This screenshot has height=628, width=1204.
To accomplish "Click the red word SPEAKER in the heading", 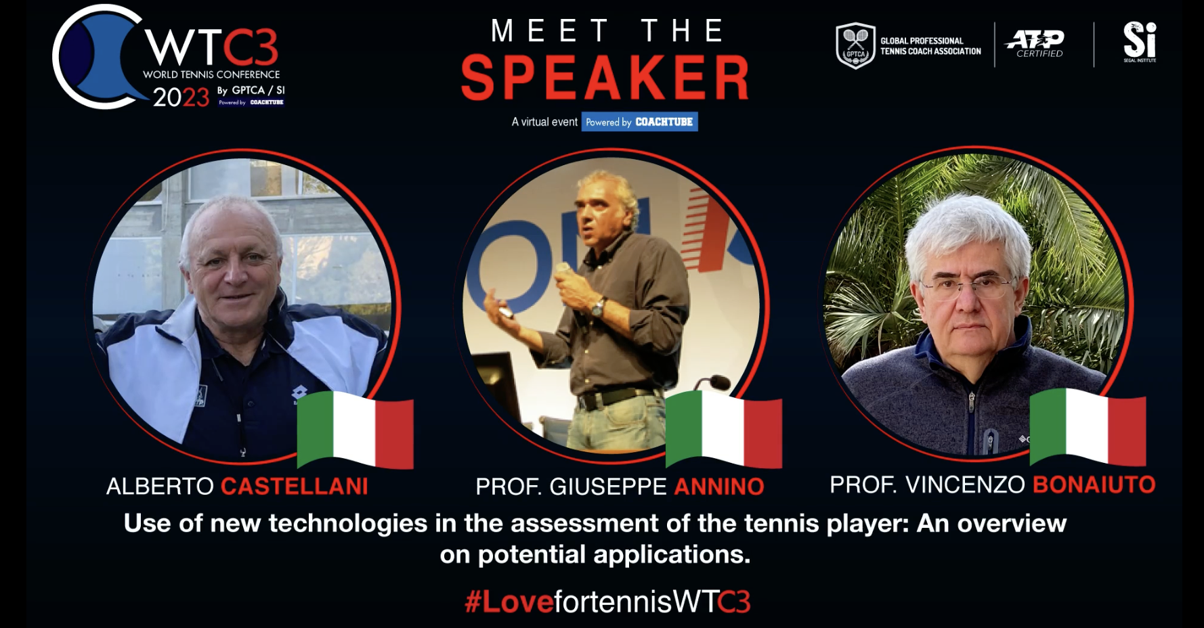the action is point(605,78).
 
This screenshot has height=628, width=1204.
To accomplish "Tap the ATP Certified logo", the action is point(1035,43).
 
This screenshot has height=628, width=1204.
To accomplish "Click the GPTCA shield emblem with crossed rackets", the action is point(855,45).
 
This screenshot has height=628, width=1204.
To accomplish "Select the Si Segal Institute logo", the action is point(1140,42).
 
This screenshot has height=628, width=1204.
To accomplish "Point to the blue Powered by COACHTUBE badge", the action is point(639,122).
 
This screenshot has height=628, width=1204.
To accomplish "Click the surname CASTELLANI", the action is point(295,487).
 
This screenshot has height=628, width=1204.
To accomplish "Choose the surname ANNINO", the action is point(719,487).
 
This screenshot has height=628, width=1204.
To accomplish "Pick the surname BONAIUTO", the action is point(1094,485).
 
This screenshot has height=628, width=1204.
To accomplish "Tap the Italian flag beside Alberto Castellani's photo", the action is point(355,430).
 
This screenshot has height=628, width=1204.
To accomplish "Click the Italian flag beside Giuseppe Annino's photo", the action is point(724,429).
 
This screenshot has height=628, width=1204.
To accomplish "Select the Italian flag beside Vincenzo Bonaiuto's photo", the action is point(1088,426).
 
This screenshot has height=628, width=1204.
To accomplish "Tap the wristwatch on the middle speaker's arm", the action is point(597,308).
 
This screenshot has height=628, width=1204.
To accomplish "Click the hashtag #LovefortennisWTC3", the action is point(607,602).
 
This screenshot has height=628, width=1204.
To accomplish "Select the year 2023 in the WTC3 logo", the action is point(181,98).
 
